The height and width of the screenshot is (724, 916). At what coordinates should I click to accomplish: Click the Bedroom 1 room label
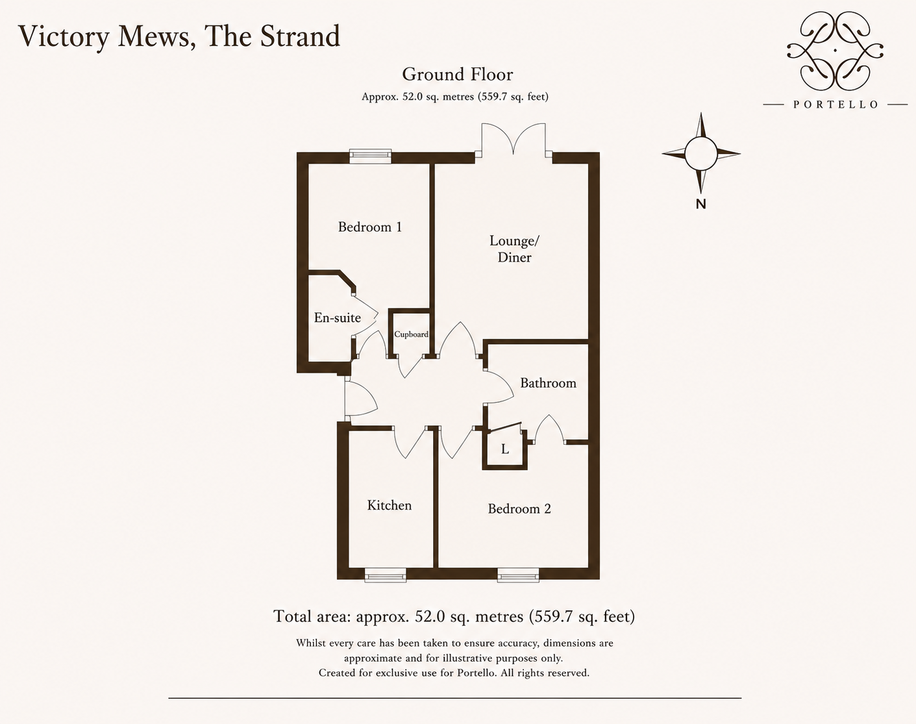pyautogui.click(x=370, y=227)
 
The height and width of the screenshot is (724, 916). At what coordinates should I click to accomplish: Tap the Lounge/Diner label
pyautogui.click(x=514, y=249)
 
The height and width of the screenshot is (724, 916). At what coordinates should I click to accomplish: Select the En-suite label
pyautogui.click(x=337, y=318)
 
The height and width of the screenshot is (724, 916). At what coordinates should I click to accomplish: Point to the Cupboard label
pyautogui.click(x=411, y=334)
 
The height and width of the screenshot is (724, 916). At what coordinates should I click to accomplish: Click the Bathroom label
pyautogui.click(x=549, y=383)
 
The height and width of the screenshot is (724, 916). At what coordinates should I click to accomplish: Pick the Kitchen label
pyautogui.click(x=389, y=506)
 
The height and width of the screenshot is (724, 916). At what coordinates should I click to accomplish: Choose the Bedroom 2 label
pyautogui.click(x=519, y=509)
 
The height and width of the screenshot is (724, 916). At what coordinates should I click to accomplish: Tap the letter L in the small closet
pyautogui.click(x=505, y=449)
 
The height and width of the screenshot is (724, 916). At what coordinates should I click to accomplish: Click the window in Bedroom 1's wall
pyautogui.click(x=370, y=156)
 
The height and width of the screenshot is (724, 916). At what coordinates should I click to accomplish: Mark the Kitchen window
pyautogui.click(x=385, y=575)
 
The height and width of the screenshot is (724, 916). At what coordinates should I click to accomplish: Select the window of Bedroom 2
pyautogui.click(x=519, y=575)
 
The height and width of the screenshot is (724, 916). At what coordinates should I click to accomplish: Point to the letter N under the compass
pyautogui.click(x=700, y=205)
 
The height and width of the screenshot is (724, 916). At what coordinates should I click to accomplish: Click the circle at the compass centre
pyautogui.click(x=701, y=154)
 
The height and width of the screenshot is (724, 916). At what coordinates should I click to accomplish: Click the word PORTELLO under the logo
pyautogui.click(x=835, y=105)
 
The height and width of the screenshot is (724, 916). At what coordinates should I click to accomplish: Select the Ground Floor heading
pyautogui.click(x=458, y=75)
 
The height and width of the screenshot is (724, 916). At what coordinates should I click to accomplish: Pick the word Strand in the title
pyautogui.click(x=300, y=36)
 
